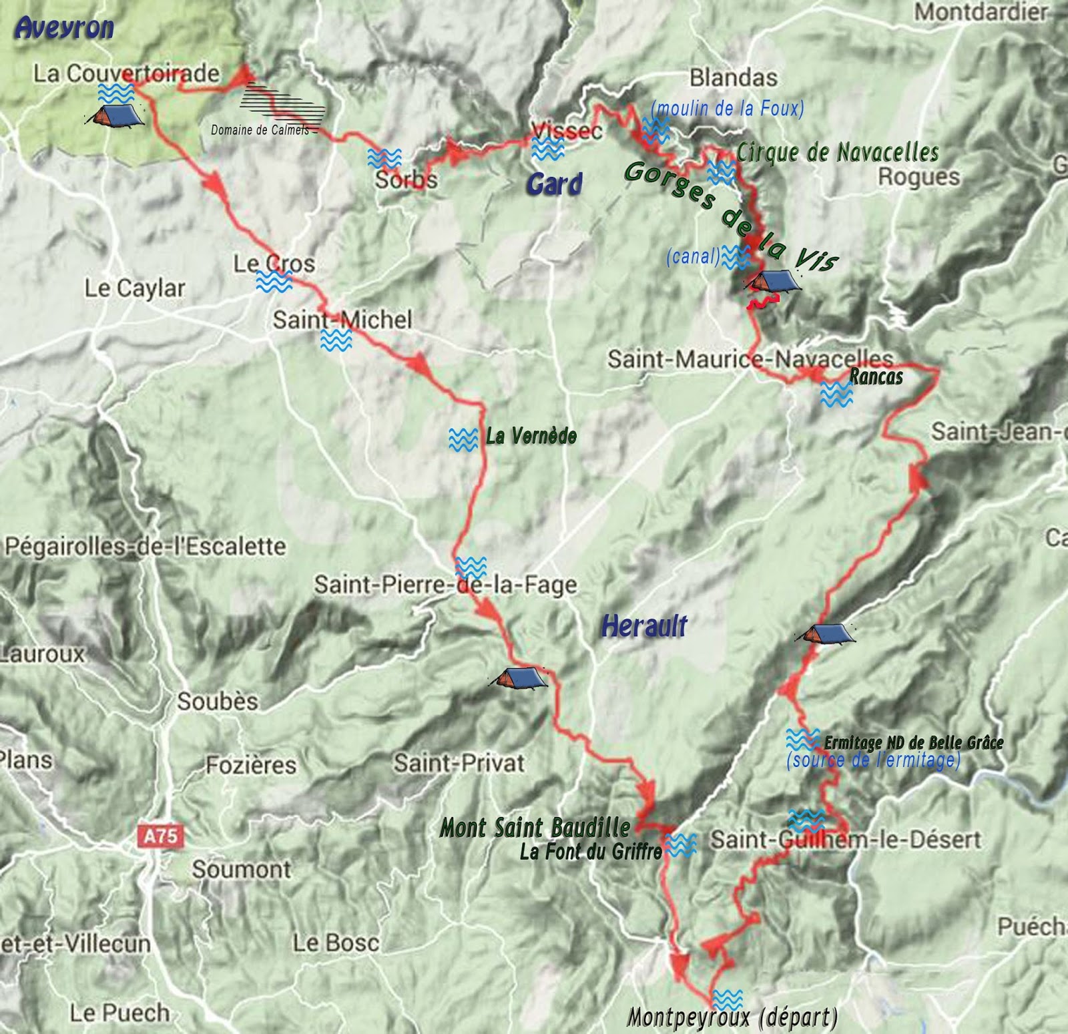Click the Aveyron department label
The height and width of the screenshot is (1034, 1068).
[64, 28]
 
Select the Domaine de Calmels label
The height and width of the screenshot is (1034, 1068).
[260, 130]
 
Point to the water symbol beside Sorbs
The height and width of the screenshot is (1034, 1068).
[384, 158]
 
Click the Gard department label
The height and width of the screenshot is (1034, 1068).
[553, 184]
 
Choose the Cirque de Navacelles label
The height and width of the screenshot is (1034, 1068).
[837, 153]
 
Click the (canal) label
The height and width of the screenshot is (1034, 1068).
[693, 256]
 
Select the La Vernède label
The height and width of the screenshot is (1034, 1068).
[531, 437]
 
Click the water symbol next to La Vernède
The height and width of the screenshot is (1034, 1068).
[463, 439]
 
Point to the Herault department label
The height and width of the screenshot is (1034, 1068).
[644, 626]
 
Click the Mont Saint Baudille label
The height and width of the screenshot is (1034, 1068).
[535, 828]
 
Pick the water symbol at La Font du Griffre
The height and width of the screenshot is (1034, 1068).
[681, 845]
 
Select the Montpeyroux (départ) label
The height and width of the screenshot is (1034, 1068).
[732, 1018]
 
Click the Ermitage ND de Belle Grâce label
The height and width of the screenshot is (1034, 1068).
[913, 742]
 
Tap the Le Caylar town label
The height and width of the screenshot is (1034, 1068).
[135, 288]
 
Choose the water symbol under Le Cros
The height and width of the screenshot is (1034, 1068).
[274, 282]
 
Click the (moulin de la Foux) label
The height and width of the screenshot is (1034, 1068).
[727, 107]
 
